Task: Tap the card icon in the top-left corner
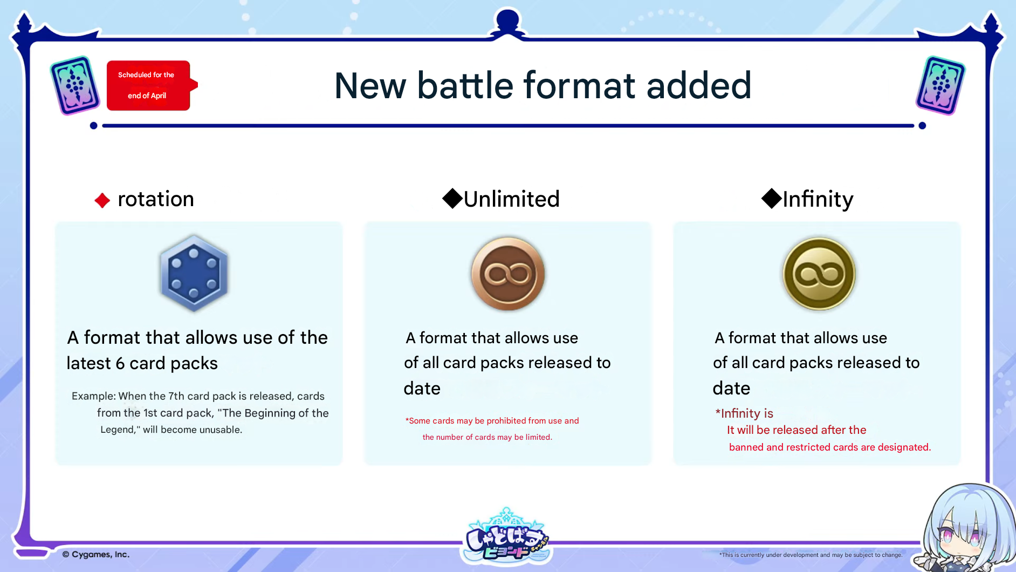[75, 85]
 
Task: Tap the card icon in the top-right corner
[941, 85]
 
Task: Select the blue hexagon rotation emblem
[194, 273]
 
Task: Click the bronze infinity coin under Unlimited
[508, 274]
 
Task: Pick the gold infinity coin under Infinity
[819, 274]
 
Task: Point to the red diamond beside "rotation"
[102, 201]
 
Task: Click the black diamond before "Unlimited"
[452, 198]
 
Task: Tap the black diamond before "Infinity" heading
[772, 198]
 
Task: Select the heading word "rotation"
[156, 199]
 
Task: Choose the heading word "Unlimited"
[512, 199]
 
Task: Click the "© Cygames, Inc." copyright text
[96, 554]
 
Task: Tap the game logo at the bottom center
[507, 535]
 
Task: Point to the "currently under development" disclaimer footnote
[811, 555]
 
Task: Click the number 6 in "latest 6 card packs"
[120, 364]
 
